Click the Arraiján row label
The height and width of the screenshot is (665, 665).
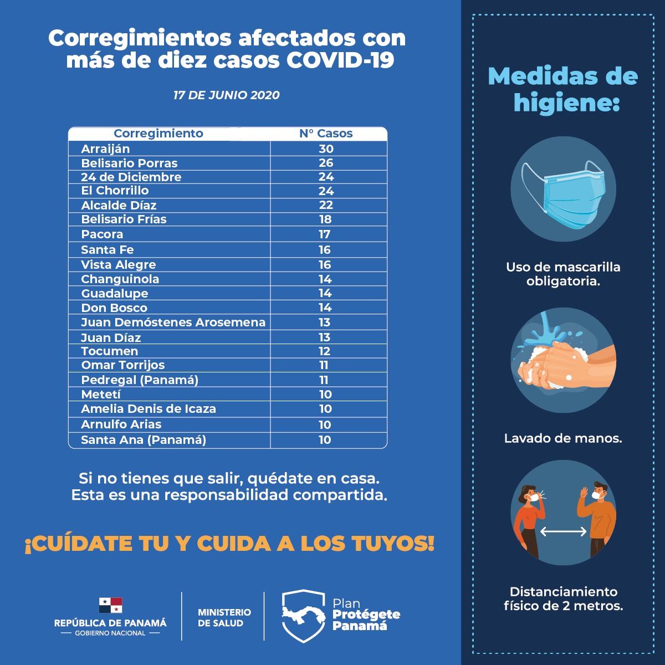[x=105, y=149]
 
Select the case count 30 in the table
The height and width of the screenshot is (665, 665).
[x=326, y=149]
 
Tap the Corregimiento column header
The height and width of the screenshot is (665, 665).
[x=158, y=134]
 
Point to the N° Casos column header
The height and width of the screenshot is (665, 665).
[x=326, y=134]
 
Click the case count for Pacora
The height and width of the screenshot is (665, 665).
[x=325, y=234]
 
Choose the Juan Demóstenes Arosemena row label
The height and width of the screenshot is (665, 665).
[x=173, y=323]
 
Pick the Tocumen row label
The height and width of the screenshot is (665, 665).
[x=110, y=351]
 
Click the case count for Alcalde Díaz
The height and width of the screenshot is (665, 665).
[x=326, y=205]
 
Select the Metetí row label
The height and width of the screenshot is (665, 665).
[x=101, y=395]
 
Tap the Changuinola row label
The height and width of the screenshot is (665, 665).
[x=120, y=279]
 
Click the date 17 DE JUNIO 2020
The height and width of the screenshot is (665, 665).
[x=226, y=95]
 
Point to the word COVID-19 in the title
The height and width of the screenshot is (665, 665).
[x=340, y=60]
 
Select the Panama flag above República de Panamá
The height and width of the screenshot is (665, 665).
[x=110, y=605]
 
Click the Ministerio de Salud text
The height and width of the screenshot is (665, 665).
[x=224, y=617]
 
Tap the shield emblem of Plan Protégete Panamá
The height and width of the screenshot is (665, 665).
[x=302, y=616]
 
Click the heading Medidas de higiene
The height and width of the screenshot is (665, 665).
[x=563, y=89]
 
